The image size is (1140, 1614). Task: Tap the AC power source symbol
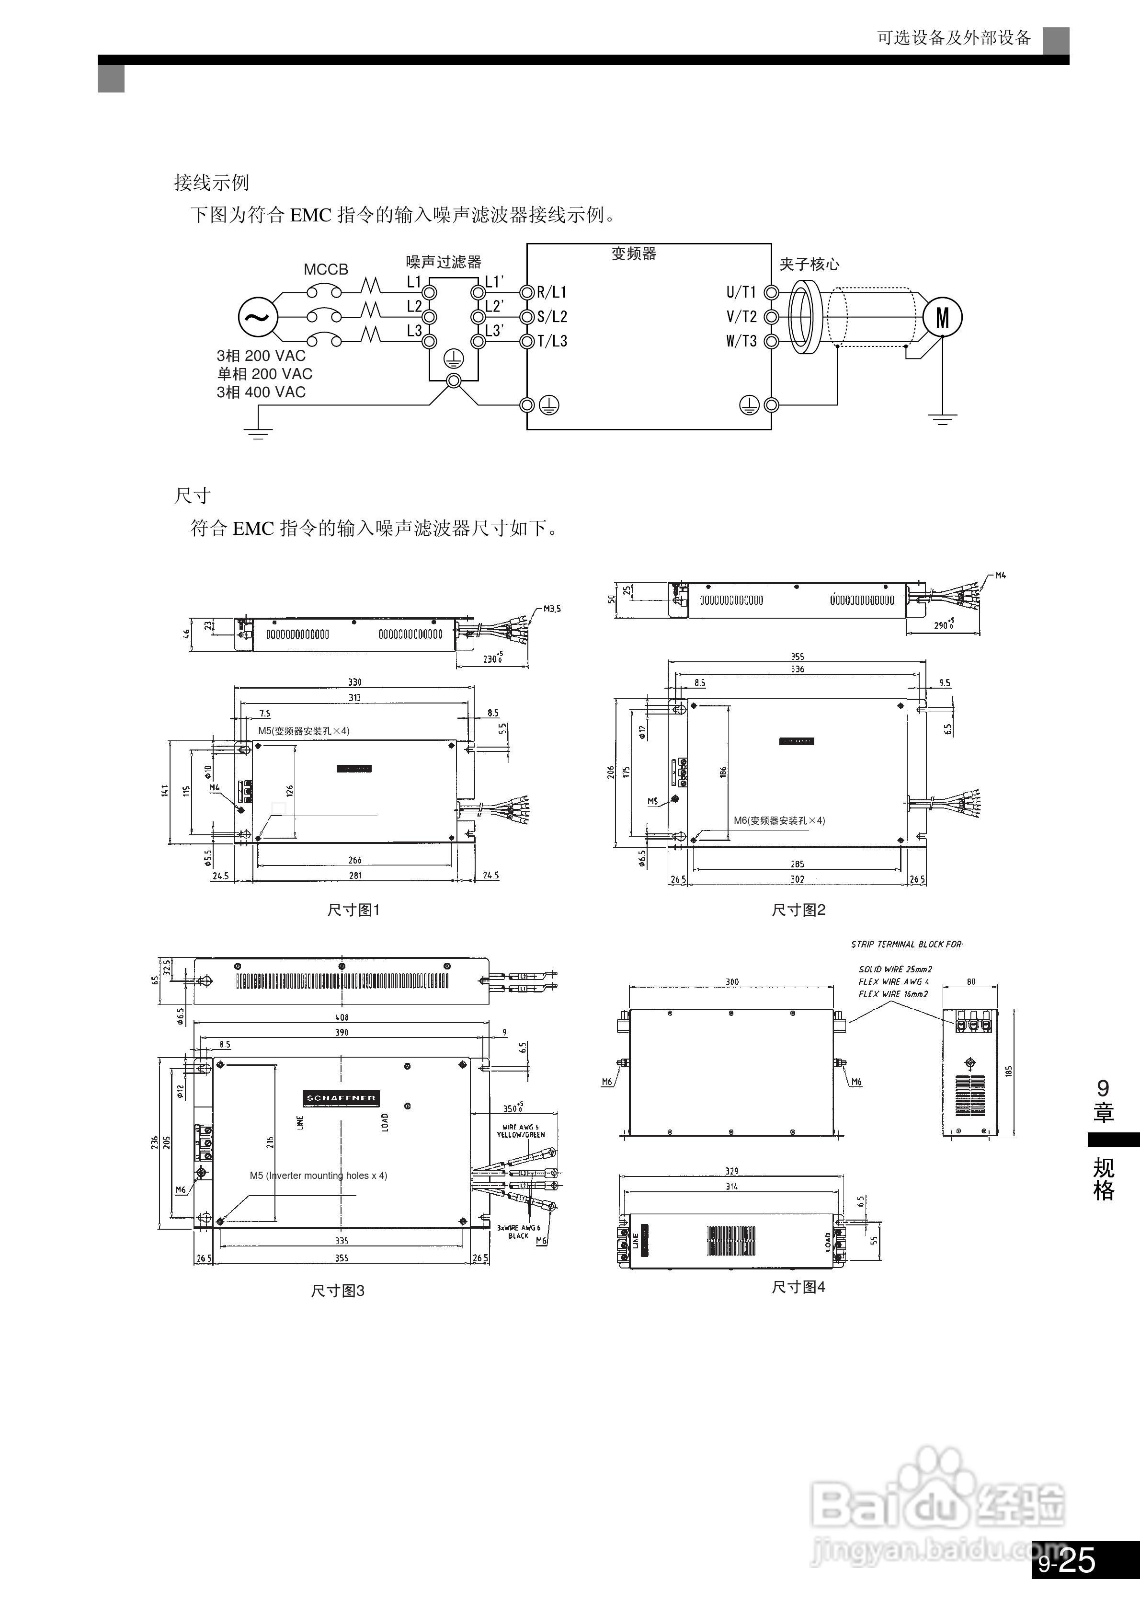257,317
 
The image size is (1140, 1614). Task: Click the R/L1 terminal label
552,292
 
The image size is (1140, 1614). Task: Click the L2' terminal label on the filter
494,307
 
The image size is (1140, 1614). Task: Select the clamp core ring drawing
803,317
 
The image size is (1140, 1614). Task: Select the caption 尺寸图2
798,910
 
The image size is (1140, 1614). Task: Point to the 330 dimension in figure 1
355,682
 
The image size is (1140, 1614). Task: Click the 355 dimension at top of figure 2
798,656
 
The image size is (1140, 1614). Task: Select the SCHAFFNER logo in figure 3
342,1097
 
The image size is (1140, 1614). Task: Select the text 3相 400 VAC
262,392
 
